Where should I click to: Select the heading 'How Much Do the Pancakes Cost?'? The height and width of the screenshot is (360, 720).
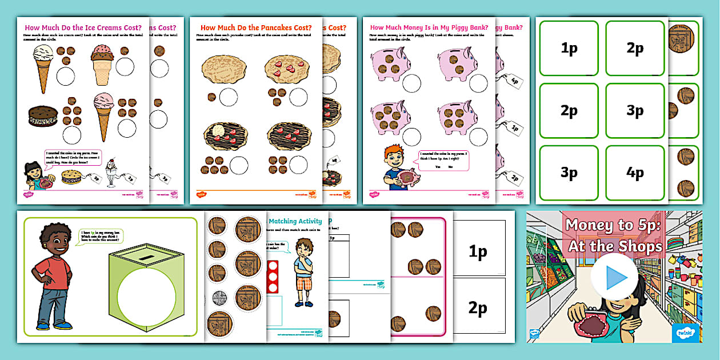pos(256,27)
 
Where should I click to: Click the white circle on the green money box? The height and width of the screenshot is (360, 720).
pos(146,298)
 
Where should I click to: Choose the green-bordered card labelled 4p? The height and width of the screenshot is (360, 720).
pos(635,173)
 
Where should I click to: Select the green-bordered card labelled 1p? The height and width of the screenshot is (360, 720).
pos(569,49)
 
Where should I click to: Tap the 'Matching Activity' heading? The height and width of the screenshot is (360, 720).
pos(295,221)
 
